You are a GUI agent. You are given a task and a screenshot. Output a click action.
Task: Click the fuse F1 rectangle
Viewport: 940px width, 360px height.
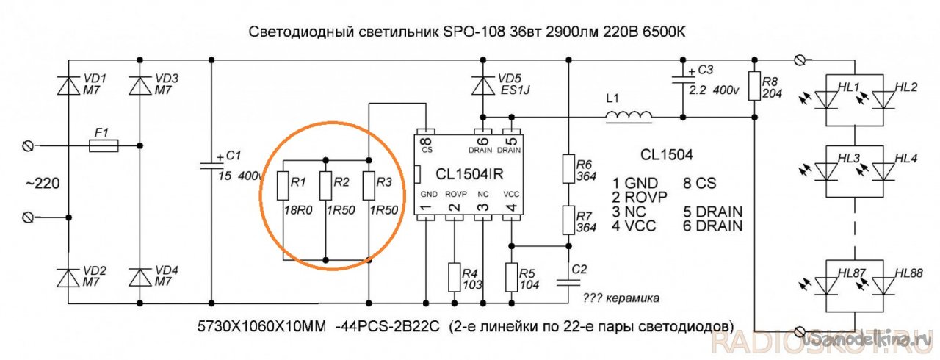(x=102, y=147)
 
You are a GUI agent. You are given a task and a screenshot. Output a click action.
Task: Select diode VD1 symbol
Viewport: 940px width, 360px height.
(x=69, y=85)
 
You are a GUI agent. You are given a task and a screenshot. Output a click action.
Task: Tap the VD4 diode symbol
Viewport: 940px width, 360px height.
(x=139, y=277)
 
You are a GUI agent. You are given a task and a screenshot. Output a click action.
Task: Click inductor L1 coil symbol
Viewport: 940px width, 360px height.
(x=629, y=115)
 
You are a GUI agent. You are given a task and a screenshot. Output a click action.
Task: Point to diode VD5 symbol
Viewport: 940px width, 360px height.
(x=482, y=85)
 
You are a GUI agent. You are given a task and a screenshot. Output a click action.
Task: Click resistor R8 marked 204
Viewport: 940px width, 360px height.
(x=753, y=85)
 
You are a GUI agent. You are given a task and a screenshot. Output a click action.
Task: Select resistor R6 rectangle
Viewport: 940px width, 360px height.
(x=568, y=168)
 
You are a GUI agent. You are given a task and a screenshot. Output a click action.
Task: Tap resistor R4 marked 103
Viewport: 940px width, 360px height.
(x=455, y=278)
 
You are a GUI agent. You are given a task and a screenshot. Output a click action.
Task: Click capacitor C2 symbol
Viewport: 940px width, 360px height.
(x=568, y=281)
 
